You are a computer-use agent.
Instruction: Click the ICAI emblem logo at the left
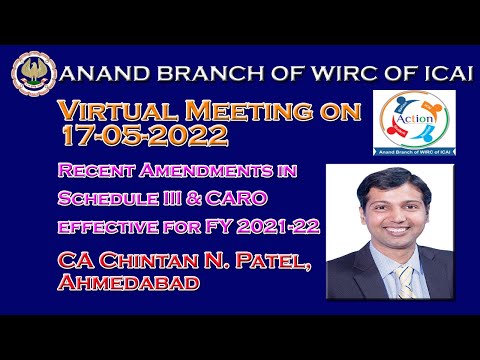35,75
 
